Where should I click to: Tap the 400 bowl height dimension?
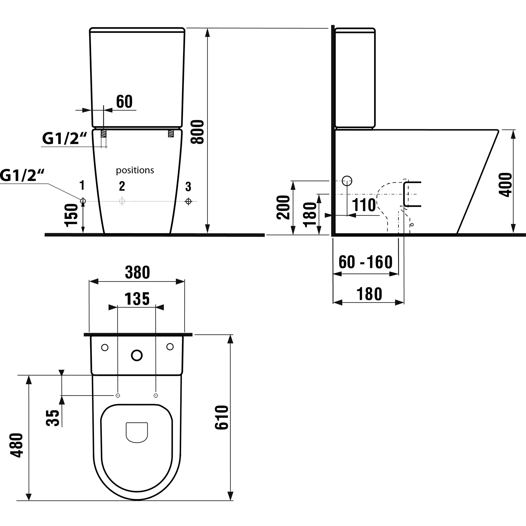505,184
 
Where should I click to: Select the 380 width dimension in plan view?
137,272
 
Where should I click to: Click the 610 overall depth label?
222,417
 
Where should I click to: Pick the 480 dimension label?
17,445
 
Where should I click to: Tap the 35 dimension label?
53,418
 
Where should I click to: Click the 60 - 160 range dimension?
365,262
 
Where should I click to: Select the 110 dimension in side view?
364,205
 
